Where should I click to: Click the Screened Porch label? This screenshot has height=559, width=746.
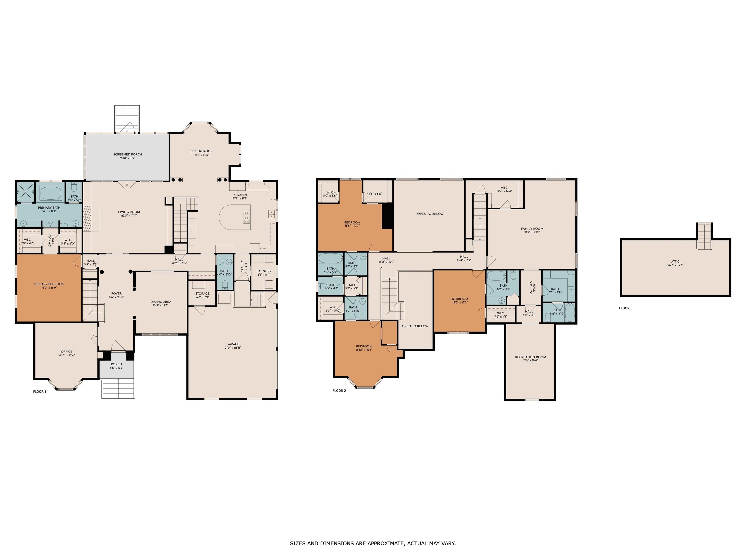[127, 154]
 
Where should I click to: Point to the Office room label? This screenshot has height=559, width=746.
[67, 352]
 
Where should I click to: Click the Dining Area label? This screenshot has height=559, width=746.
[161, 302]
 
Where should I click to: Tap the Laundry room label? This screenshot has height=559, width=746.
[264, 271]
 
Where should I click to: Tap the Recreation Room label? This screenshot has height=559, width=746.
[531, 357]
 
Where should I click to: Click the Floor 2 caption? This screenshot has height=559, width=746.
[339, 391]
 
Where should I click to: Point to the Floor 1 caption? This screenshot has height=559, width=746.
[40, 392]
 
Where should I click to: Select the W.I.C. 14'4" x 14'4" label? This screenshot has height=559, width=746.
[504, 189]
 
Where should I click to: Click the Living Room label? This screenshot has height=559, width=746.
[129, 212]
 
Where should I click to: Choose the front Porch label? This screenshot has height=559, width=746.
[116, 364]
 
